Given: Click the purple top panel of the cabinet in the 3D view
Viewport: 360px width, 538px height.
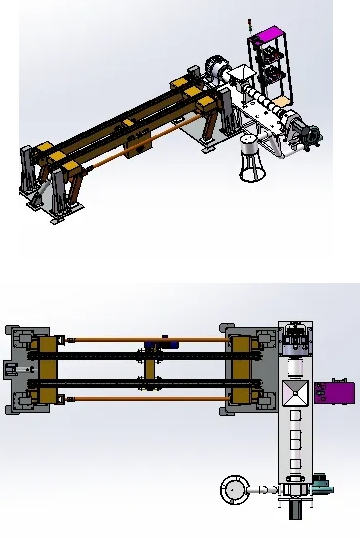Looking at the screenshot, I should coord(269,41).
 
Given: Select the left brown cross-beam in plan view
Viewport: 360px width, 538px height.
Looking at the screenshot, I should coord(47,369).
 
